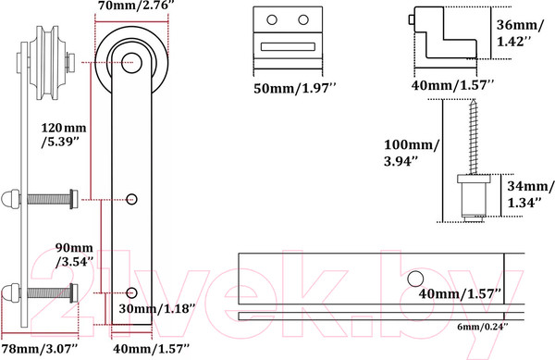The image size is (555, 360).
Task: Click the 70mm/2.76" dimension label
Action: (136, 6)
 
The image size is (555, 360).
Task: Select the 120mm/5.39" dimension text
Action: (64, 135)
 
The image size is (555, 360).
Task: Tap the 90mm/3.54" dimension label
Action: (74, 254)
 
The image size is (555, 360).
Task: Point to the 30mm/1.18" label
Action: (157, 308)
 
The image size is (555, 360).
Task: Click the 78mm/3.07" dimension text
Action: (40, 349)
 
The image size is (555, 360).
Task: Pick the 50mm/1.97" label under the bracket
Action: (294, 88)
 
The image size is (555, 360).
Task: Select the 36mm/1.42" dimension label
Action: (519, 33)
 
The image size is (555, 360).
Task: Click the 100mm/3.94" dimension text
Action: (412, 153)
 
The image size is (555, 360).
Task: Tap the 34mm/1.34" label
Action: (530, 194)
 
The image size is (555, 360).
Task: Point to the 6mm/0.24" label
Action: (483, 327)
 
